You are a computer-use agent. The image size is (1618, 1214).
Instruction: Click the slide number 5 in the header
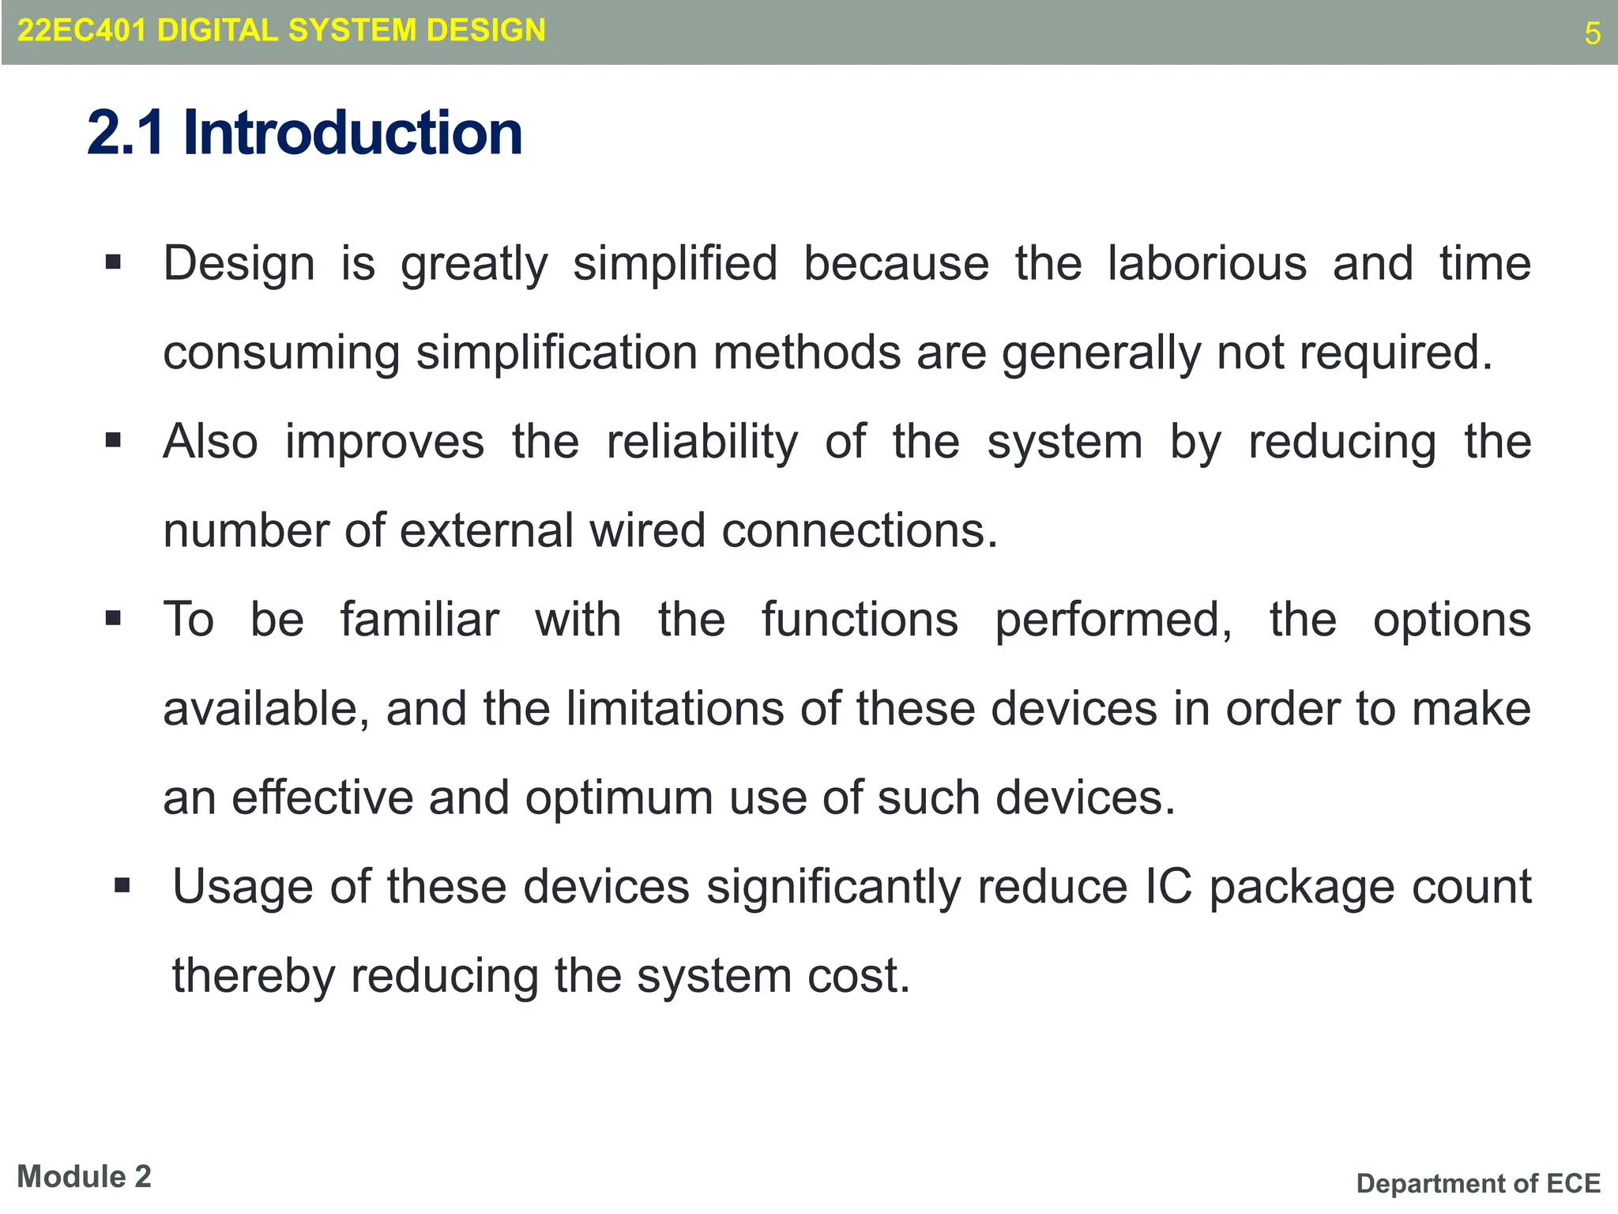coord(1592,34)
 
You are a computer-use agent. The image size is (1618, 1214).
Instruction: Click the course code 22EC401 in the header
coord(81,31)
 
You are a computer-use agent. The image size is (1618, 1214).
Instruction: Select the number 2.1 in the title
coord(126,133)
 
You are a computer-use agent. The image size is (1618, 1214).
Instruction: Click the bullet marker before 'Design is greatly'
coord(113,262)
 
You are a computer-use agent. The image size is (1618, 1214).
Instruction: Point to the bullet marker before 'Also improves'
coord(113,439)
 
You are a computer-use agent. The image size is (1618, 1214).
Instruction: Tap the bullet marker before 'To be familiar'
coord(113,618)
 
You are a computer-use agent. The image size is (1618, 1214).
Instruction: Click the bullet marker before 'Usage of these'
coord(122,884)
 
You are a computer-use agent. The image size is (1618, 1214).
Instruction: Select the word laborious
coord(1206,263)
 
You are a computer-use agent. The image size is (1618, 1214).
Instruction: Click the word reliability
coord(702,442)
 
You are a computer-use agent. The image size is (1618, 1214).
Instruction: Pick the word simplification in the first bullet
coord(556,353)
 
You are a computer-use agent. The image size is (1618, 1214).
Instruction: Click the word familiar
coord(420,620)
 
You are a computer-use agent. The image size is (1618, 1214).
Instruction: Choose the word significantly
coord(833,887)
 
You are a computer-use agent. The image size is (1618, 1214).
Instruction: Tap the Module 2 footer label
coord(84,1177)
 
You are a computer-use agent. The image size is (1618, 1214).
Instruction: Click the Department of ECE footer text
coord(1478,1183)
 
